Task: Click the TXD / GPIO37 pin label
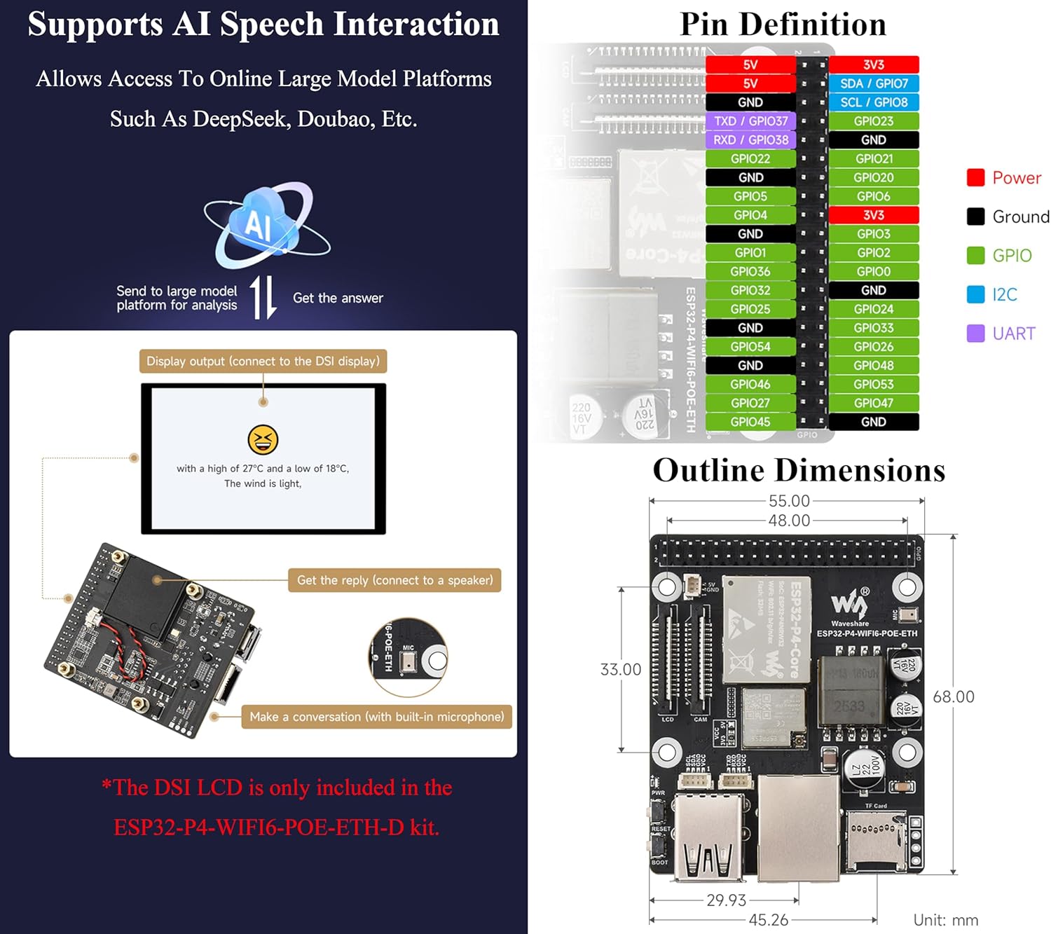[750, 121]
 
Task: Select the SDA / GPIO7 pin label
[874, 83]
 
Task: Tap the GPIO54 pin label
[750, 347]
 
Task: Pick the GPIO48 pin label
[874, 365]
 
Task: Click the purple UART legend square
[975, 334]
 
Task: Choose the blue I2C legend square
[975, 294]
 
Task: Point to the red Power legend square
[975, 178]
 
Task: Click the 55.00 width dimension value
[789, 501]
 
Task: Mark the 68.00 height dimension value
[954, 696]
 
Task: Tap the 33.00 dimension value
[621, 670]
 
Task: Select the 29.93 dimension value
[726, 900]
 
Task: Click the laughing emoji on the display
[263, 440]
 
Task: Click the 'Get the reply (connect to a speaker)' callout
[394, 580]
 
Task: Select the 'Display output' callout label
[263, 362]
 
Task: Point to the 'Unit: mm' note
[945, 920]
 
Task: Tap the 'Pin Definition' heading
[783, 25]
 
